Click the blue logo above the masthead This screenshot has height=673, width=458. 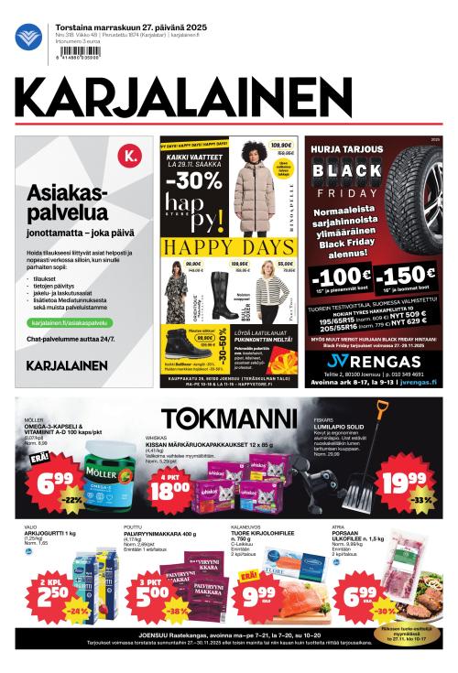(29, 38)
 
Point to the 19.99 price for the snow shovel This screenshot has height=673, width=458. (404, 482)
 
